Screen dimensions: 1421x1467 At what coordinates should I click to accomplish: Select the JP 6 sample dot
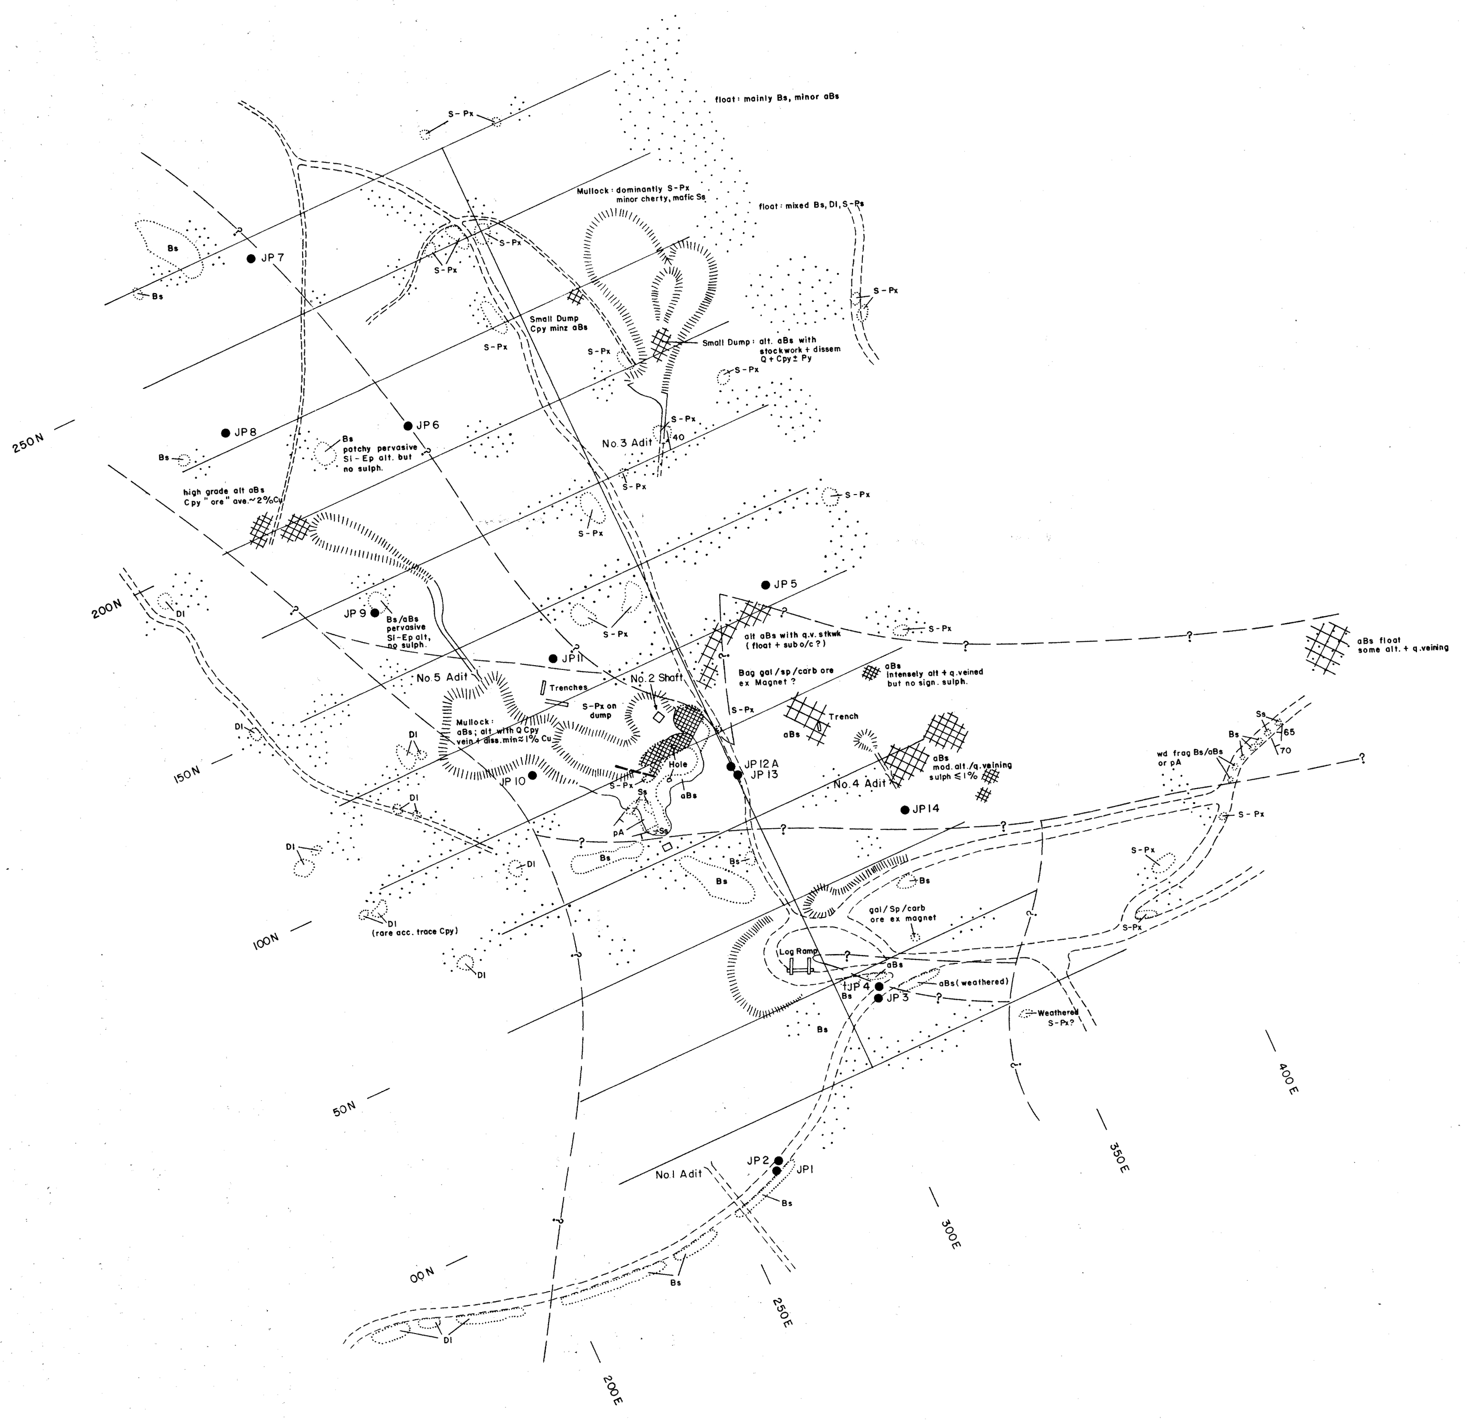point(408,426)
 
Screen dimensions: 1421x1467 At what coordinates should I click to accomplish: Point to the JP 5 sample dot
point(766,584)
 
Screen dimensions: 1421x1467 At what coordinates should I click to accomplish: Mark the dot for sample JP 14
point(905,810)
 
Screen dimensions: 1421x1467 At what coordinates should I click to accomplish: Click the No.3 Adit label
point(627,443)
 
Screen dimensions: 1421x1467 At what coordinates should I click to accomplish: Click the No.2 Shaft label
point(657,678)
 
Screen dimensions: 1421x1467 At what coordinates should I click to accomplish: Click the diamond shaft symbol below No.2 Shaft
point(658,717)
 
